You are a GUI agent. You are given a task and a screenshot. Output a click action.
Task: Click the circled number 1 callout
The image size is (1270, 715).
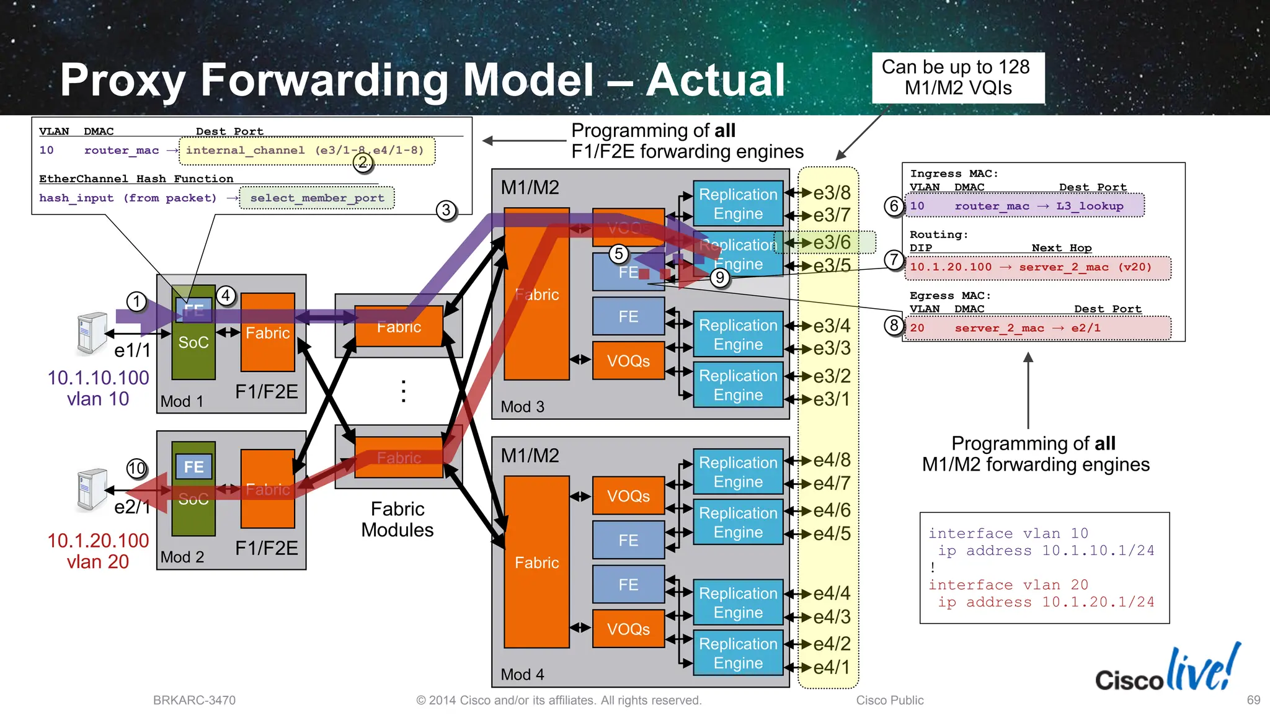click(136, 302)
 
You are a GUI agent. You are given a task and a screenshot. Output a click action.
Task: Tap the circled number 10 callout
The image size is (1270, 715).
click(136, 468)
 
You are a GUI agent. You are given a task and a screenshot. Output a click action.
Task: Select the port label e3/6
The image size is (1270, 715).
click(832, 242)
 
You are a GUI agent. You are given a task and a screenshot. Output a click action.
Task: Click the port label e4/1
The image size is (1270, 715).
click(832, 667)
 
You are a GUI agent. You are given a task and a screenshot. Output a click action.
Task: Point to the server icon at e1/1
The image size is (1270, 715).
click(92, 334)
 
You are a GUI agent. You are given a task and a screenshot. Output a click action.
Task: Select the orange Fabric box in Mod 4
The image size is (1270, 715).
click(536, 562)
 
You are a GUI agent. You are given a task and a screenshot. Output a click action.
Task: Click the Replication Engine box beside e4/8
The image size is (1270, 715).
click(738, 472)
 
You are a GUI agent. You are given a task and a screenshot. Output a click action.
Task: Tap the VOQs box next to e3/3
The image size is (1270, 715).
click(628, 361)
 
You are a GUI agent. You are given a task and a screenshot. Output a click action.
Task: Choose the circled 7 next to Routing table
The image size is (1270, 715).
click(894, 259)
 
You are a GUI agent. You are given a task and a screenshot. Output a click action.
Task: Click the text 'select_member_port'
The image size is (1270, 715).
click(317, 198)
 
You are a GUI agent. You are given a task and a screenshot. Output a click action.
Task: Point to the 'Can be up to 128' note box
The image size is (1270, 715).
click(957, 78)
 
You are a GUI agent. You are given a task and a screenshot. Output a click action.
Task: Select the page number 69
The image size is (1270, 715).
click(1253, 700)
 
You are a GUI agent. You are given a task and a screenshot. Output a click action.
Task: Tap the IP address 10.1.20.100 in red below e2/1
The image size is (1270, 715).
click(98, 540)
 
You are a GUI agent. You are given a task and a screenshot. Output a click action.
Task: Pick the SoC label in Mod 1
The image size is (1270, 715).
click(193, 342)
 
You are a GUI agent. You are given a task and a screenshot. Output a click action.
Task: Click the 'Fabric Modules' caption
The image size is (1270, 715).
click(397, 520)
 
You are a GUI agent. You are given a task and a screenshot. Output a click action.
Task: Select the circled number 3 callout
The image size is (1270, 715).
click(446, 210)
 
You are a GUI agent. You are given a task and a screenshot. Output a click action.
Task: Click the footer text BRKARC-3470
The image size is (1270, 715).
click(194, 700)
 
